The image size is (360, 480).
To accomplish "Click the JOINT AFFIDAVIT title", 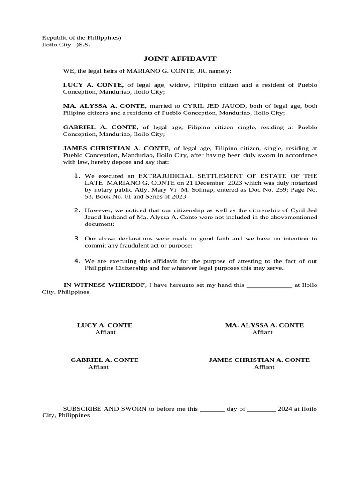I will [180, 59].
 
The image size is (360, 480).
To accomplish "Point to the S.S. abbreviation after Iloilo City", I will [84, 45].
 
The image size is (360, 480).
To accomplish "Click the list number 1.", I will [77, 175].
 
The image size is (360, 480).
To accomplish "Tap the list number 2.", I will [77, 210].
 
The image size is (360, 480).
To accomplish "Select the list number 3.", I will [77, 238].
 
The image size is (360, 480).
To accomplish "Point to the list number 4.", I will [77, 261].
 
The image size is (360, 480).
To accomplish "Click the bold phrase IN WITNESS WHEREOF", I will [105, 285].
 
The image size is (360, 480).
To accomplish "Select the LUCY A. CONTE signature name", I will [105, 325].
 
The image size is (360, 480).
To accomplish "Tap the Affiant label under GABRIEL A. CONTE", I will [98, 367].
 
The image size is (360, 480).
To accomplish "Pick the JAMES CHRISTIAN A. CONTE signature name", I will [259, 360].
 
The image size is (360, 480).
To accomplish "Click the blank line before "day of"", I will [212, 409].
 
